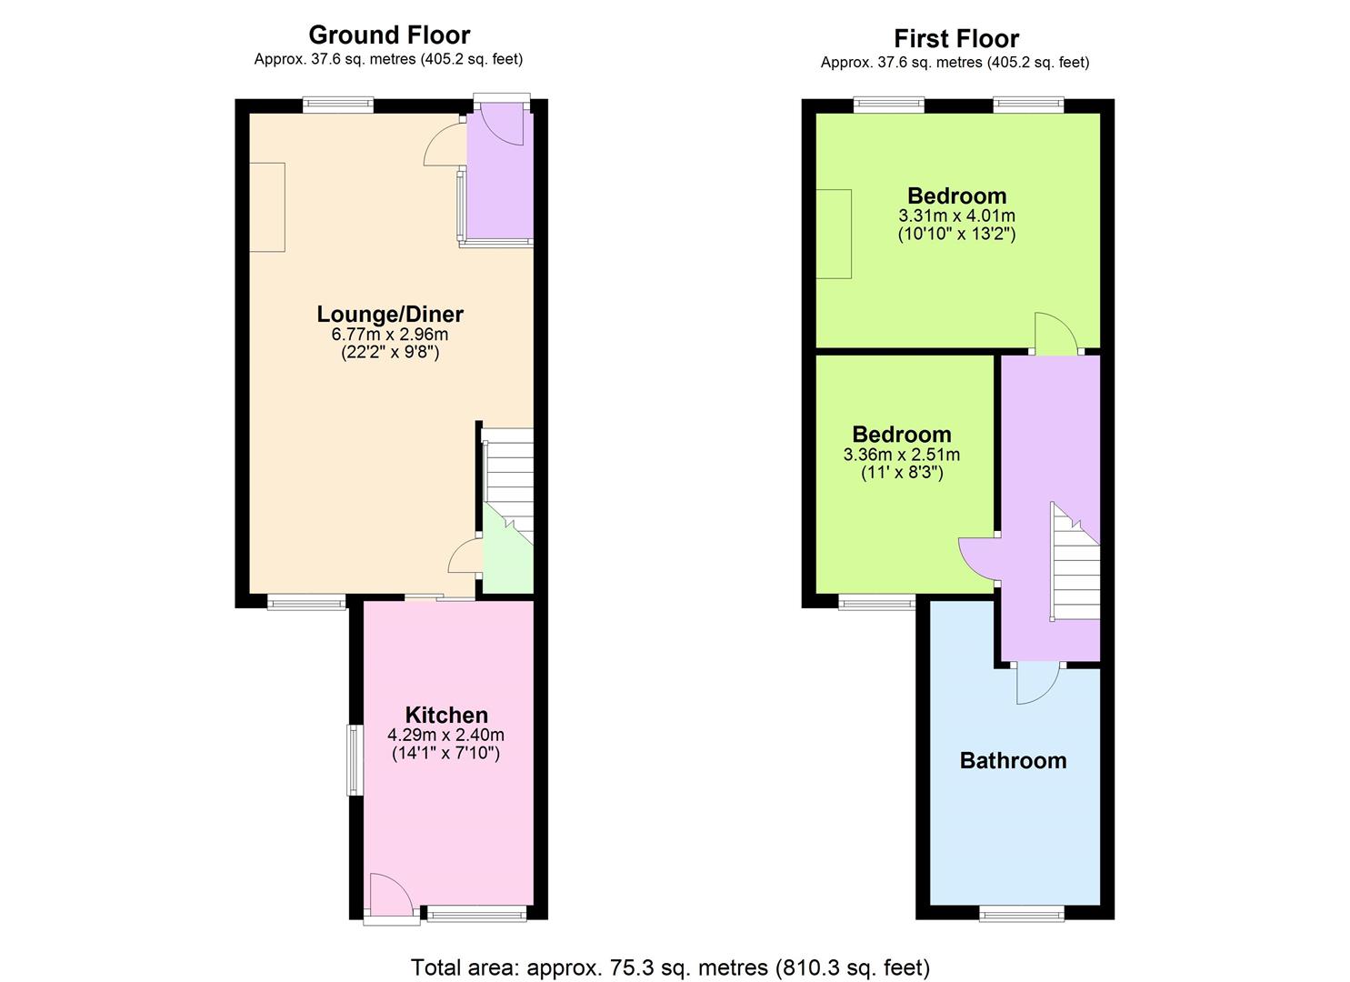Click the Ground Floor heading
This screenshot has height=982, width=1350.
tap(389, 35)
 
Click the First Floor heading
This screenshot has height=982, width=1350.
tap(956, 38)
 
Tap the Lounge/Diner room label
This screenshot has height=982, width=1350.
tap(390, 314)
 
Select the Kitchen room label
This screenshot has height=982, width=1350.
tap(446, 715)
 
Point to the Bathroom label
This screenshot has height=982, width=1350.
tap(1013, 761)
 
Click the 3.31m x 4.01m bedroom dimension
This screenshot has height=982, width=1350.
tap(956, 215)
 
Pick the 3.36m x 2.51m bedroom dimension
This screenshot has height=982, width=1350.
tap(902, 454)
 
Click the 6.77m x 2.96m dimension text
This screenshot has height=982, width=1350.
tap(390, 334)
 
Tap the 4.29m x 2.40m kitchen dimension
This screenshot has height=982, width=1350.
tap(446, 735)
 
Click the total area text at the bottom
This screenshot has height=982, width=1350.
tap(670, 967)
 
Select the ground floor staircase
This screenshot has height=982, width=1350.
tap(509, 486)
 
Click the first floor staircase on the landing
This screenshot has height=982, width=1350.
tap(1075, 561)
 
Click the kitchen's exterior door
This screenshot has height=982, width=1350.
tap(391, 899)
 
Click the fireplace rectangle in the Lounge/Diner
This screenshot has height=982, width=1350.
tap(267, 206)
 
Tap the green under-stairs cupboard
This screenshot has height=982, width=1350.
tap(508, 557)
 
